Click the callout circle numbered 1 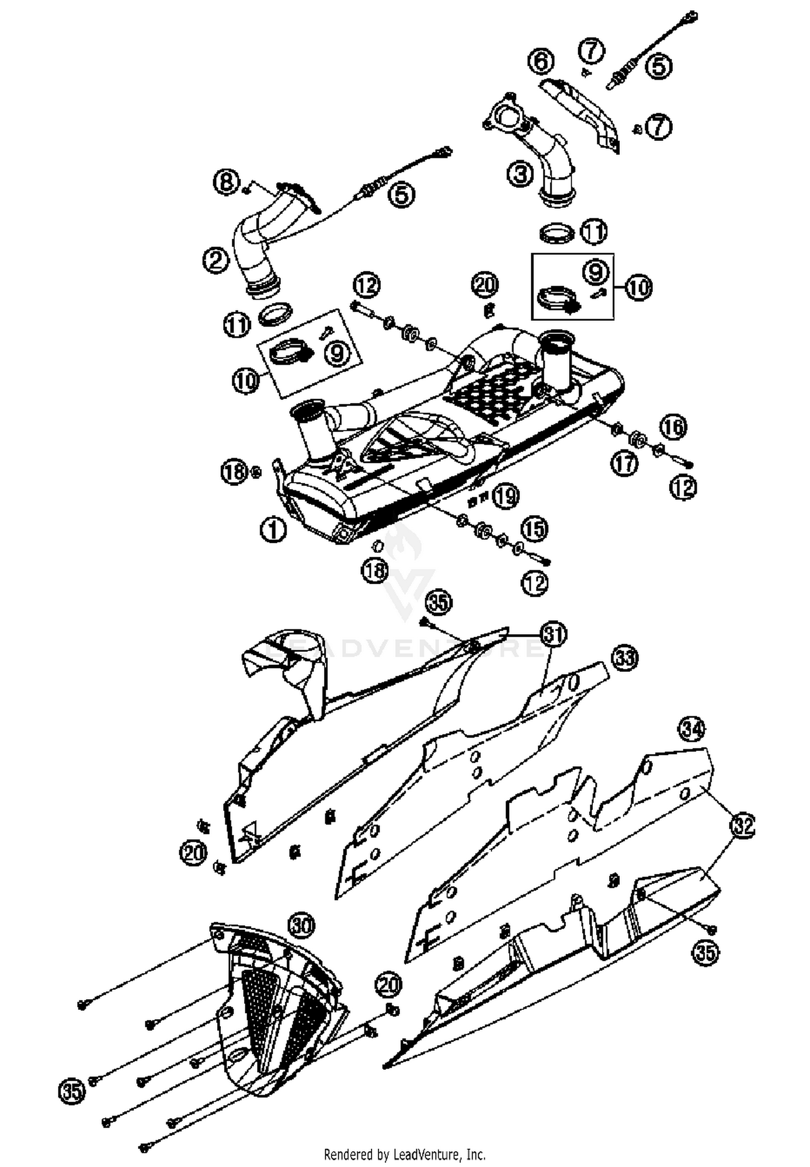pos(273,530)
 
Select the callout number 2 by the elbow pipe pos(216,260)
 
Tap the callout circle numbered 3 pos(519,174)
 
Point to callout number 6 pos(541,62)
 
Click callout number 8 pos(227,181)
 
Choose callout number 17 pos(625,463)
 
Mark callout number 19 pos(506,496)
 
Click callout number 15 pos(534,529)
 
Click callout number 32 pos(742,825)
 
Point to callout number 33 pos(625,658)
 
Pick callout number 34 pos(692,730)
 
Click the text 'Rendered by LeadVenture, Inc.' pos(404,1155)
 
